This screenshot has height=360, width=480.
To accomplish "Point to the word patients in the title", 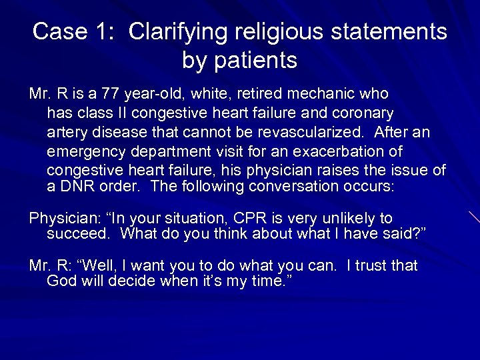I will (255, 61).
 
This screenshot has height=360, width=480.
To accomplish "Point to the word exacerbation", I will (350, 151).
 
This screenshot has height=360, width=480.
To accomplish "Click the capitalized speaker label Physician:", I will (63, 219).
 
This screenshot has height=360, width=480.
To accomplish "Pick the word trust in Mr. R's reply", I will (369, 266).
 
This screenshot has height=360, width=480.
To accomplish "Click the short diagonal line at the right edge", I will (473, 217).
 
